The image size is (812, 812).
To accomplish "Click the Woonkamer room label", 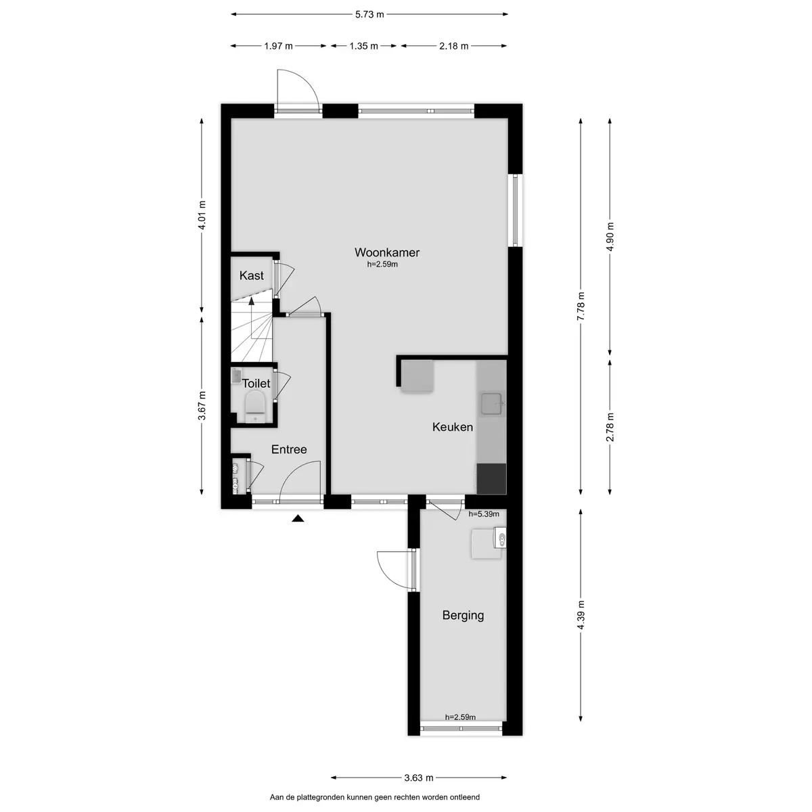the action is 387,252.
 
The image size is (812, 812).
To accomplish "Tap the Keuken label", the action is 453,427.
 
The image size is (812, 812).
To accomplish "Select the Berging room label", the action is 463,616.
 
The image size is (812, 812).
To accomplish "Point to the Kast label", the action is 252,275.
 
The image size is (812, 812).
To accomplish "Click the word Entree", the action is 289,449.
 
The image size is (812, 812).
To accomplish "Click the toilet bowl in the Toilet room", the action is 255,406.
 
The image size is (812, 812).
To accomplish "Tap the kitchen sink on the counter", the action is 492,404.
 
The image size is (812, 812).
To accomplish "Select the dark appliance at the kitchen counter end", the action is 491,478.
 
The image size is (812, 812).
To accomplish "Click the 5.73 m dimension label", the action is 369,14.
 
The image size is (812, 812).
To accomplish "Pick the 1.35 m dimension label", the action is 363,46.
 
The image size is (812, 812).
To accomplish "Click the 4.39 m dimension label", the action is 581,615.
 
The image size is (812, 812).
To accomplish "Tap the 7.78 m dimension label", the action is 581,307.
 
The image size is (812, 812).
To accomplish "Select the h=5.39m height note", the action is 484,514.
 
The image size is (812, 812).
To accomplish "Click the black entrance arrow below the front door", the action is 298,518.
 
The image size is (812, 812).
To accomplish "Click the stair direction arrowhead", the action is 252,301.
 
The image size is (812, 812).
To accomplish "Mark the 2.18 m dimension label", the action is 454,46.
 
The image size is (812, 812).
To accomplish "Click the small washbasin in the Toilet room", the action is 236,376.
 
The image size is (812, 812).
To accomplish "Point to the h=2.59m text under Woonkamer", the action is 382,265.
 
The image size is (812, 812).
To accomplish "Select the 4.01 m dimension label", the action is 202,215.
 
